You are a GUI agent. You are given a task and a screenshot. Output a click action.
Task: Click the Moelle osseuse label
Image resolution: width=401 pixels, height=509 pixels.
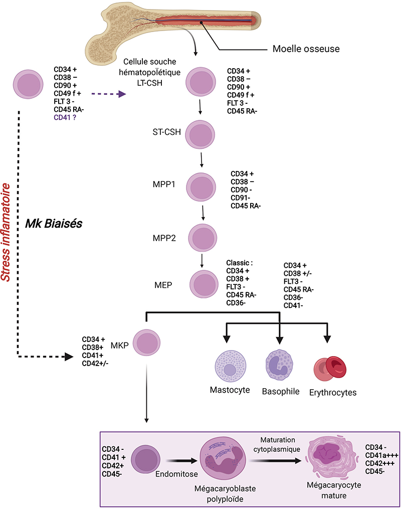pyautogui.click(x=306, y=49)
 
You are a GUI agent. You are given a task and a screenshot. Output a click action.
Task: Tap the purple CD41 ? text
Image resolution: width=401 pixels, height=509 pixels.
pyautogui.click(x=65, y=117)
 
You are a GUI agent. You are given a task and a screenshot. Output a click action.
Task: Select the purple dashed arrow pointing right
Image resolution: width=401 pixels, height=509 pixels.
pyautogui.click(x=109, y=94)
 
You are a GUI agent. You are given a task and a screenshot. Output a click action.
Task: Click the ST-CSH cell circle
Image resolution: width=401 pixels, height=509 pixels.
pyautogui.click(x=200, y=134)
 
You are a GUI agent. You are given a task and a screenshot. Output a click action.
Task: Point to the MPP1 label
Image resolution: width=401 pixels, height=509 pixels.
pyautogui.click(x=164, y=185)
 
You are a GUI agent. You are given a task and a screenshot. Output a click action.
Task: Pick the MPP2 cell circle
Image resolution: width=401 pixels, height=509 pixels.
pyautogui.click(x=203, y=238)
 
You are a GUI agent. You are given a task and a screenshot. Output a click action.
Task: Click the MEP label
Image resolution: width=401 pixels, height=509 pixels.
pyautogui.click(x=163, y=285)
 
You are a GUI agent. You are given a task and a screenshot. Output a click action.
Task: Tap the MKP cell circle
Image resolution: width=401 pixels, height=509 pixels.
pyautogui.click(x=147, y=343)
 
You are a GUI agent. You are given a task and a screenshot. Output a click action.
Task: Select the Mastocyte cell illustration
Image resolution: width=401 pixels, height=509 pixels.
pyautogui.click(x=231, y=366)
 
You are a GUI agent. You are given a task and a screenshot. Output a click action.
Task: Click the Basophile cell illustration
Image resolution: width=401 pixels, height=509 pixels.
pyautogui.click(x=279, y=365)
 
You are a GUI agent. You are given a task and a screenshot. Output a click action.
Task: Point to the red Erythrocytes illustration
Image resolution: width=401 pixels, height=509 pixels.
pyautogui.click(x=330, y=369)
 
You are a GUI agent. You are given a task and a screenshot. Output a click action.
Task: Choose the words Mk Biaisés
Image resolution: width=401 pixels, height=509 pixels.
pyautogui.click(x=54, y=223)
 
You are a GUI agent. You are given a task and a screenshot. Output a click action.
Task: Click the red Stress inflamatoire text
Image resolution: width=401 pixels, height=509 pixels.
pyautogui.click(x=6, y=232)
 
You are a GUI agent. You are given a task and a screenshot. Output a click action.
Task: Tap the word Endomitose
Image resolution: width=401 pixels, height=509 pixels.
pyautogui.click(x=176, y=474)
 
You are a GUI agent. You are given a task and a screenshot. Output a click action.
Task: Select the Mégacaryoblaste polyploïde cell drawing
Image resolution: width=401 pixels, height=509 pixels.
pyautogui.click(x=223, y=458)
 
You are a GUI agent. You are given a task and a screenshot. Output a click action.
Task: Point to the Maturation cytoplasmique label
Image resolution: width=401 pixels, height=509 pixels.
pyautogui.click(x=277, y=444)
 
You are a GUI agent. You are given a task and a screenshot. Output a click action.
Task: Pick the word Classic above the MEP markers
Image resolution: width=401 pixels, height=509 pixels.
pyautogui.click(x=239, y=263)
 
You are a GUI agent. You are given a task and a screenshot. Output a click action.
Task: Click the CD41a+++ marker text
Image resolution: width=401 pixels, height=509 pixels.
pyautogui.click(x=382, y=455)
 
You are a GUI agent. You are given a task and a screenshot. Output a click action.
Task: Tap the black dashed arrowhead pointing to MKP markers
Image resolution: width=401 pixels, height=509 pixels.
pyautogui.click(x=69, y=357)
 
